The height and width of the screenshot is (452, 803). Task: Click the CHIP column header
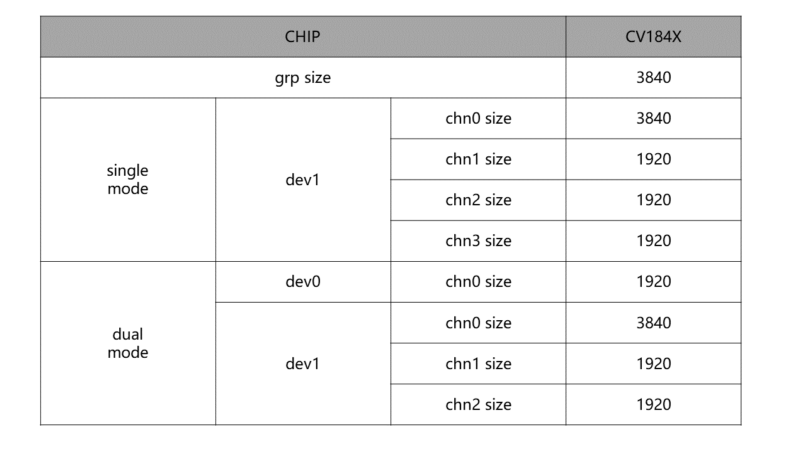[x=302, y=36]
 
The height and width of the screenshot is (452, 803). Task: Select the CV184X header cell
[x=653, y=36]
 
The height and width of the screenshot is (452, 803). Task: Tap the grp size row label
[x=302, y=78]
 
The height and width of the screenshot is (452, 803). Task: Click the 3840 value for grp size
[x=654, y=77]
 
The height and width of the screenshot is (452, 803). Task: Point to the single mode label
[x=127, y=180]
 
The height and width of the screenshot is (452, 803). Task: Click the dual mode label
[x=127, y=343]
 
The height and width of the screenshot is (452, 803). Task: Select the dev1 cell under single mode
[x=302, y=180]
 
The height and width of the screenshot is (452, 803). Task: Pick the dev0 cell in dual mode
[x=303, y=282]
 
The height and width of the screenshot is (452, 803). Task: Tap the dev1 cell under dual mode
[x=302, y=363]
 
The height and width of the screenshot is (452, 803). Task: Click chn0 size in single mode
[x=478, y=119]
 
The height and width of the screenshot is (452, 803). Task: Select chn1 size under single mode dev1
[x=478, y=159]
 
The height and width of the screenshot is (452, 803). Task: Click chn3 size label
[x=478, y=240]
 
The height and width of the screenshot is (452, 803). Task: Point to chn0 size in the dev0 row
[x=478, y=282]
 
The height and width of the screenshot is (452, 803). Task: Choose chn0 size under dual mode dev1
[x=478, y=323]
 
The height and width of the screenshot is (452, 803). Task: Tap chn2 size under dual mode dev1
[x=478, y=405]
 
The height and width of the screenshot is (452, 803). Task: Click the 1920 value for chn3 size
[x=654, y=240]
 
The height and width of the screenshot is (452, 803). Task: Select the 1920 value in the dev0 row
[x=654, y=282]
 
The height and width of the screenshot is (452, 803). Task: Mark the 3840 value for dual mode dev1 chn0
[x=654, y=323]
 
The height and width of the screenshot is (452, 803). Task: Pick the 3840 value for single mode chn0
[x=654, y=119]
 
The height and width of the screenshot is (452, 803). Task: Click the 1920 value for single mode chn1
[x=654, y=159]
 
